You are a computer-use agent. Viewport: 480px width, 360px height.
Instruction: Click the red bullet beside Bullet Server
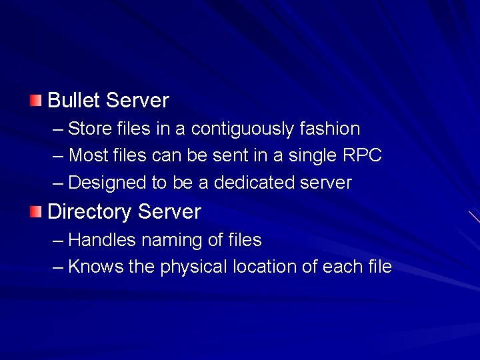click(35, 101)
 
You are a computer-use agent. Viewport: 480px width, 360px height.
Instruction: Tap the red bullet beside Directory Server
click(35, 212)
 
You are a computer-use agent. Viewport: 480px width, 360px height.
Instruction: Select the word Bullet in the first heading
click(73, 101)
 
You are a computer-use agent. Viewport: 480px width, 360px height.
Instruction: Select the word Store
click(88, 129)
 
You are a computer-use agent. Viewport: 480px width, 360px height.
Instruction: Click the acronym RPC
click(363, 156)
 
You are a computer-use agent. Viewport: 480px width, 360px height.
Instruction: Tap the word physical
click(194, 267)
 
